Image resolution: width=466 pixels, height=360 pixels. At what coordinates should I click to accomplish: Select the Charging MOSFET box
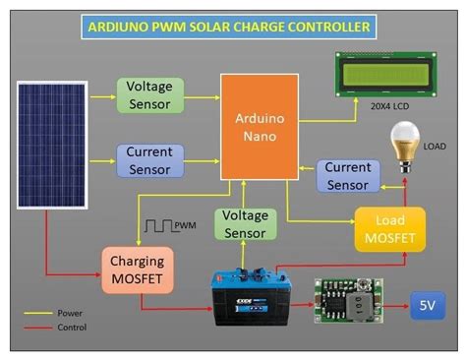(138, 270)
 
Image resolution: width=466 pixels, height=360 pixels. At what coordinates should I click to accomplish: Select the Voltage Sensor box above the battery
(245, 224)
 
